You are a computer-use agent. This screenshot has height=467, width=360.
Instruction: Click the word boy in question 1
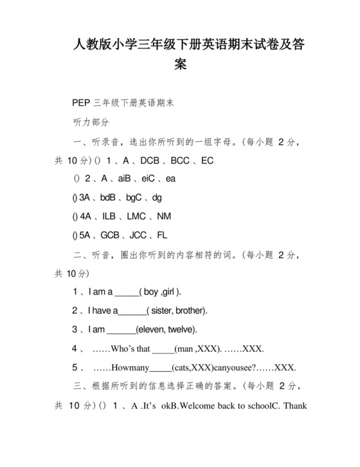coord(151,292)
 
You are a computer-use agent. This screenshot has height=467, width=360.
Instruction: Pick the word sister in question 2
coord(161,310)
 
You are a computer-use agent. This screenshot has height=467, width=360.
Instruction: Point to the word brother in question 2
coord(190,310)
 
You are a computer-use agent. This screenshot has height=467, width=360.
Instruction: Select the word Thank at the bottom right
coord(294,406)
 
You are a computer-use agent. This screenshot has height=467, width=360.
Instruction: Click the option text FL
coord(161,235)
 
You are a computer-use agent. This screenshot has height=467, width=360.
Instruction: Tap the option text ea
coord(170,178)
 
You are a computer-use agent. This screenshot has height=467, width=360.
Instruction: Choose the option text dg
coord(157,197)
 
